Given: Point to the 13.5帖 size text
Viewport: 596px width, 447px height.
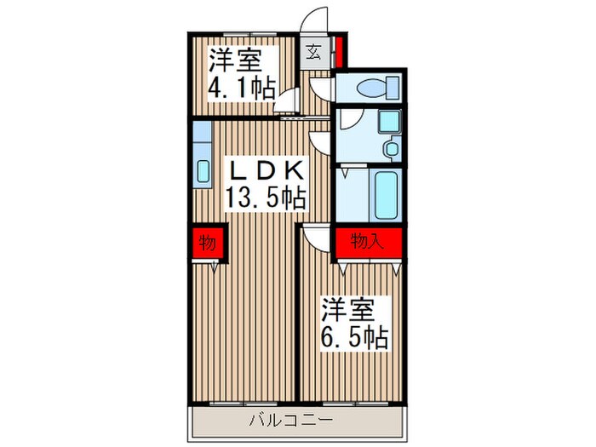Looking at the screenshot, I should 265,199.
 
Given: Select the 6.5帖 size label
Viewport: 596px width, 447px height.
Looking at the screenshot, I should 354,337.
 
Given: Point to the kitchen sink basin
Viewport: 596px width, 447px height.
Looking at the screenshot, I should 203,170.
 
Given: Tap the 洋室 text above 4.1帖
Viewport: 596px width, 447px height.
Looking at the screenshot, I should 235,60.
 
